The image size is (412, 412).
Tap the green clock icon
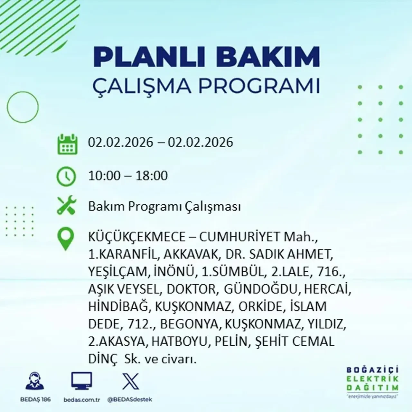pos(66,176)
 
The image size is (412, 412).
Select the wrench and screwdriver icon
pos(66,206)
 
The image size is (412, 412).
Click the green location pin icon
pos(65,239)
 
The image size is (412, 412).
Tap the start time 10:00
pos(104,176)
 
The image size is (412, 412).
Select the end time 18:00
pos(152,176)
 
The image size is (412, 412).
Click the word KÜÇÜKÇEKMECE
pos(142,237)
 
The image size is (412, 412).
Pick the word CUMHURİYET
pos(240,237)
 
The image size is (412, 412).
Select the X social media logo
pos(130,381)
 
